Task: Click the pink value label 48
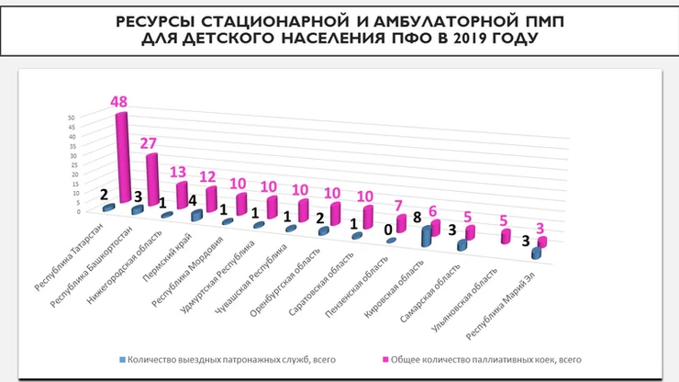(118, 102)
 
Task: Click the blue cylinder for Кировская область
(427, 236)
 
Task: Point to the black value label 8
(417, 218)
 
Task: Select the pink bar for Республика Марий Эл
(541, 242)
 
